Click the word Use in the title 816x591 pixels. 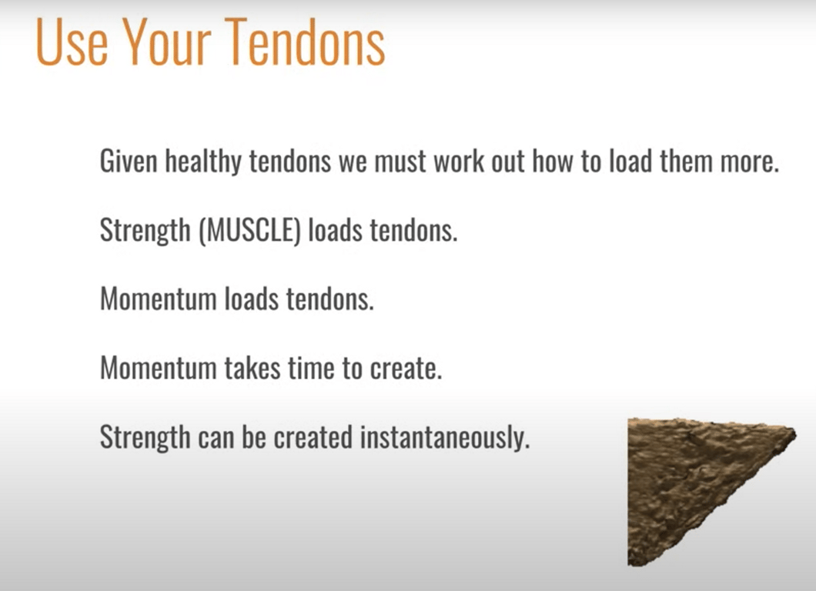click(72, 42)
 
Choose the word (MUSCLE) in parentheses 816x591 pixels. click(249, 230)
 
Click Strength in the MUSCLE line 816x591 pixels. click(145, 231)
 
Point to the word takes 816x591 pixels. click(253, 368)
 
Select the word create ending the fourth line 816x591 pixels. click(406, 369)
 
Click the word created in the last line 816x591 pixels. click(313, 437)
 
